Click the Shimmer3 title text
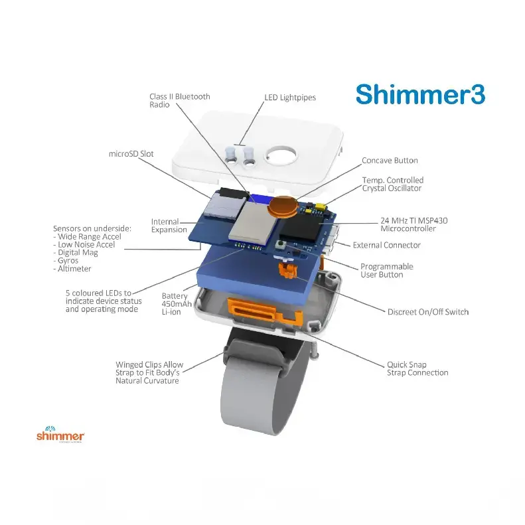(x=420, y=94)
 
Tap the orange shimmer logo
(x=60, y=435)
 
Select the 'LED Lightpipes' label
(x=290, y=98)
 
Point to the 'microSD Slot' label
(x=131, y=153)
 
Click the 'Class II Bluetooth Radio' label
(x=179, y=100)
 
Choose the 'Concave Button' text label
(x=390, y=161)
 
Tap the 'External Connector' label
(x=386, y=245)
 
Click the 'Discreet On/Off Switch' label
(x=428, y=311)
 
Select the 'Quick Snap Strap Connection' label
(x=417, y=368)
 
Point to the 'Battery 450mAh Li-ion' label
(x=175, y=304)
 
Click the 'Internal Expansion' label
(x=169, y=225)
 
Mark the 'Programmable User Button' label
(x=386, y=270)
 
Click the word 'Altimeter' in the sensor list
(x=74, y=269)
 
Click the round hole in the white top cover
(x=280, y=157)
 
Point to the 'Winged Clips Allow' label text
(x=149, y=365)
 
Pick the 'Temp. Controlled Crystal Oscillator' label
(x=392, y=184)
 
